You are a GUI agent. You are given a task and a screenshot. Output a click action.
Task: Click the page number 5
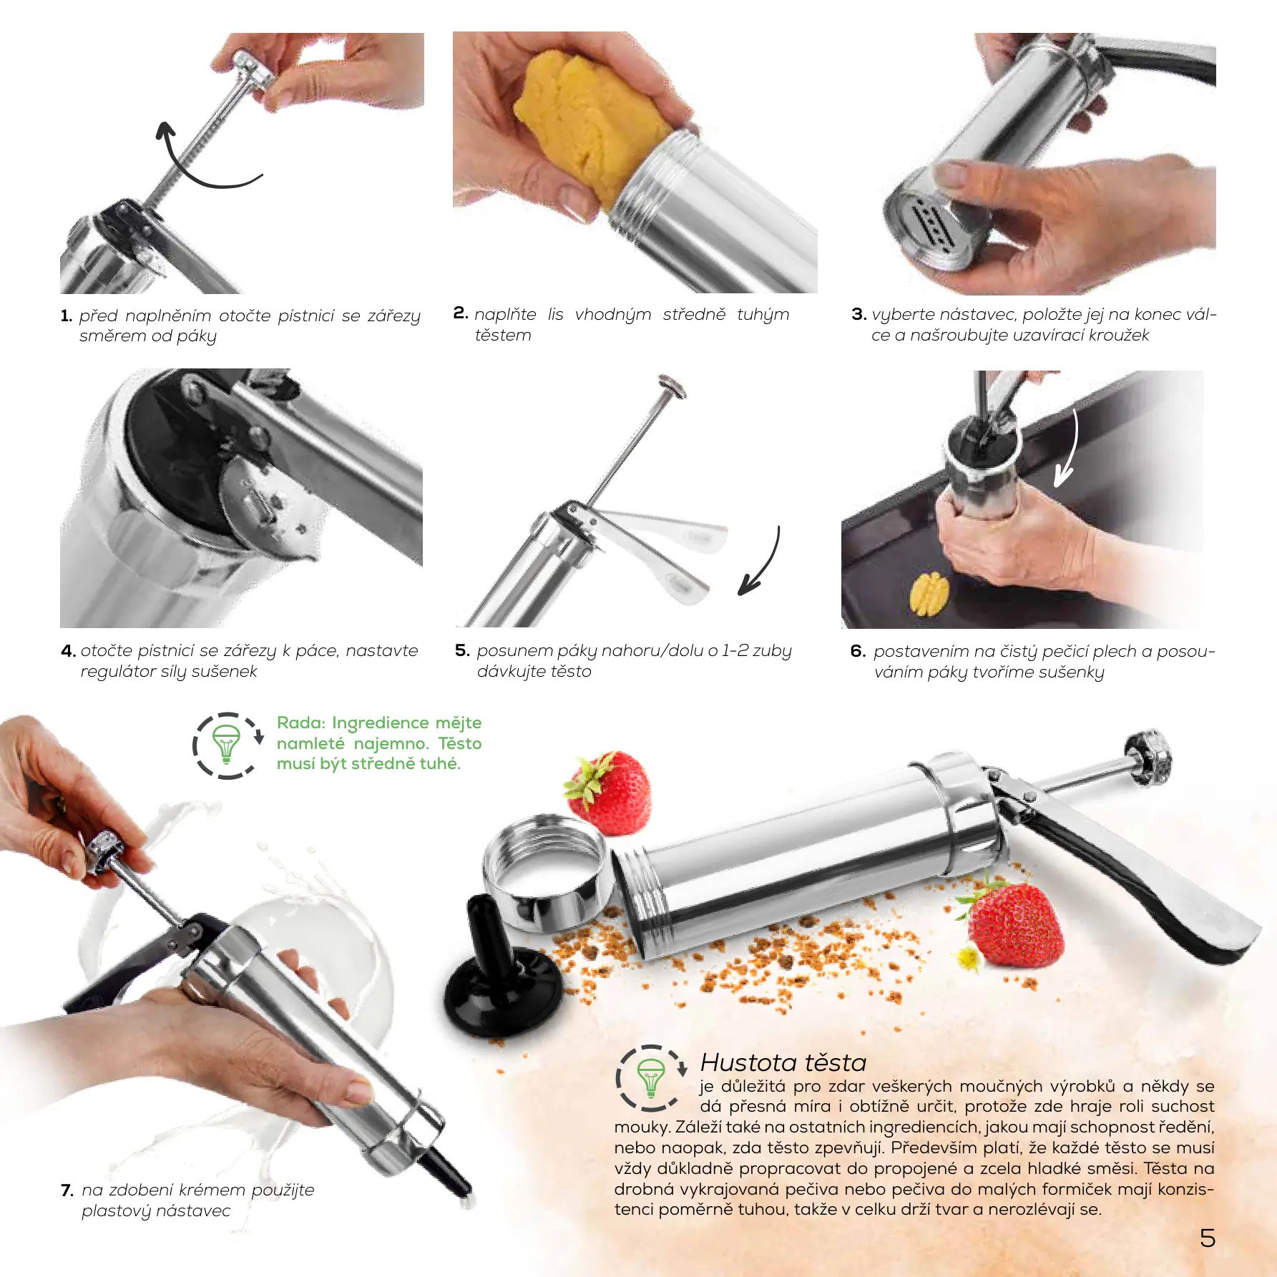[x=1208, y=1238]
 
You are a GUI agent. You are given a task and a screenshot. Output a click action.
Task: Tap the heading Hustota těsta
[x=783, y=1062]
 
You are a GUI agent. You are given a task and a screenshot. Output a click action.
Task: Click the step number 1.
[x=67, y=315]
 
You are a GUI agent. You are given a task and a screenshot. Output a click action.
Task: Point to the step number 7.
[x=67, y=1190]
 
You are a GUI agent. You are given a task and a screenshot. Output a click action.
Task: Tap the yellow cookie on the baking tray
[x=929, y=593]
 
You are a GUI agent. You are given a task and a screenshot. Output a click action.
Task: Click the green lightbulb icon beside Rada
[x=227, y=745]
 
